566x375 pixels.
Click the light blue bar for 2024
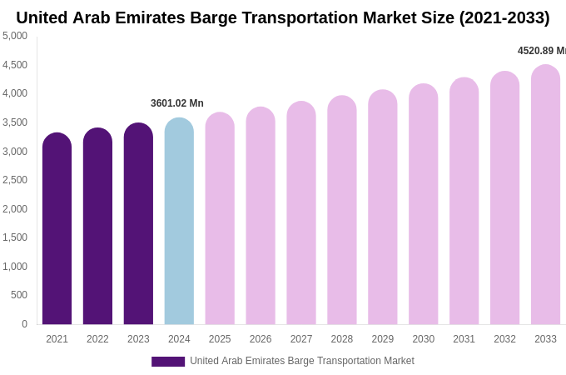[x=179, y=221]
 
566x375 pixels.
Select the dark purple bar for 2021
[x=57, y=228]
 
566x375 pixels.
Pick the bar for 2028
[x=341, y=210]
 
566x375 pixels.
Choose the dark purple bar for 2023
[x=138, y=223]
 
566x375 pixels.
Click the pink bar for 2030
[x=423, y=204]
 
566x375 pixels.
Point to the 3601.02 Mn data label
[x=177, y=103]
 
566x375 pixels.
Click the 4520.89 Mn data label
[x=541, y=51]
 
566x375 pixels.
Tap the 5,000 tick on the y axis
[x=15, y=36]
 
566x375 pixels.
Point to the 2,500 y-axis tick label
[x=15, y=180]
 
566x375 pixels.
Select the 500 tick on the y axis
[x=18, y=295]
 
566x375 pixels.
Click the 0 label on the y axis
[x=24, y=324]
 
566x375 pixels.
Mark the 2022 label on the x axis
[x=97, y=339]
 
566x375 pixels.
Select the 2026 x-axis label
[x=261, y=339]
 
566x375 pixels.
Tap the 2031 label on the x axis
[x=464, y=339]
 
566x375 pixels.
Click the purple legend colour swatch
[x=168, y=362]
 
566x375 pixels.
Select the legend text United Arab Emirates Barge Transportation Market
[x=301, y=361]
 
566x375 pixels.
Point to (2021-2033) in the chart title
[x=504, y=17]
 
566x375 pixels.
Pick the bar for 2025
[x=220, y=218]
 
